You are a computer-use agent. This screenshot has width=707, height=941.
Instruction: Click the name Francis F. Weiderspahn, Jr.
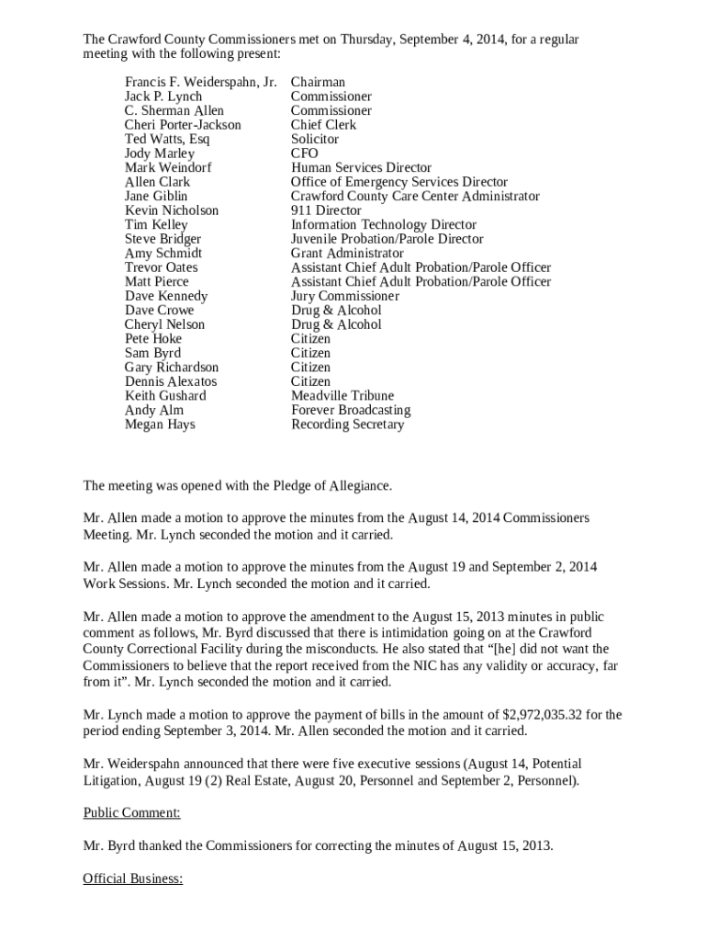(x=200, y=83)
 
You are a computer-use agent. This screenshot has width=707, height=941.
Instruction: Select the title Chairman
(x=318, y=83)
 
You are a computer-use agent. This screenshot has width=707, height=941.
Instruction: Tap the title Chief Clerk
(x=323, y=125)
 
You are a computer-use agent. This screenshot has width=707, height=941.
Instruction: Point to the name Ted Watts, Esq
(x=167, y=140)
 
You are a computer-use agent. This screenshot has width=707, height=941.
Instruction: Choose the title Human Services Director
(x=361, y=168)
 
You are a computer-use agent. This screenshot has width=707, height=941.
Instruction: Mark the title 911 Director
(x=326, y=210)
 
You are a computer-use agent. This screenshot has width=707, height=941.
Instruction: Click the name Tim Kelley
(x=156, y=225)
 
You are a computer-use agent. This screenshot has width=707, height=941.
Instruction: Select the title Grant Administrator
(x=347, y=254)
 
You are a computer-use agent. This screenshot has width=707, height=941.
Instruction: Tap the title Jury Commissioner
(x=345, y=296)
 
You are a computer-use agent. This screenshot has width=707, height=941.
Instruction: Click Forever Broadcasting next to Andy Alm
(x=351, y=410)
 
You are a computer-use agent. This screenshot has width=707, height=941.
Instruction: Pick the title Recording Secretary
(x=347, y=425)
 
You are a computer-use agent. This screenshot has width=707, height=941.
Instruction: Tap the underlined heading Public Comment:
(x=131, y=813)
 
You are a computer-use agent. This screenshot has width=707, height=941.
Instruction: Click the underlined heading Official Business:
(x=133, y=879)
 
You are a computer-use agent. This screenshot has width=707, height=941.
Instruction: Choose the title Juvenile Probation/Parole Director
(x=387, y=239)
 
